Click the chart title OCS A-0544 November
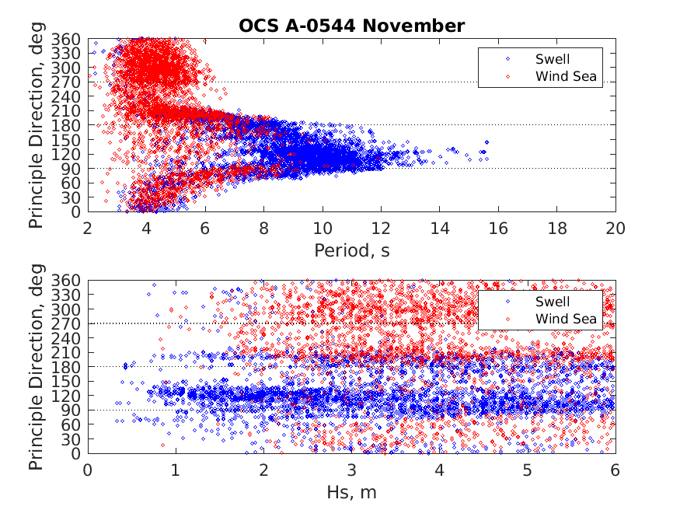point(351,26)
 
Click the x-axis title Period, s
point(351,250)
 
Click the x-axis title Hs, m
point(351,492)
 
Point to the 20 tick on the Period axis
point(615,228)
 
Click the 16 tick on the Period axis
point(498,228)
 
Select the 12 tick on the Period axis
point(381,228)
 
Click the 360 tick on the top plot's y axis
point(68,39)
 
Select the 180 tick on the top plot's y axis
point(68,125)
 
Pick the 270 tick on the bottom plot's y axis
point(68,323)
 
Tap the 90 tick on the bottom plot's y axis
point(71,410)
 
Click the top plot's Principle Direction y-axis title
point(37,125)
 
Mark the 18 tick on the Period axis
point(556,228)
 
